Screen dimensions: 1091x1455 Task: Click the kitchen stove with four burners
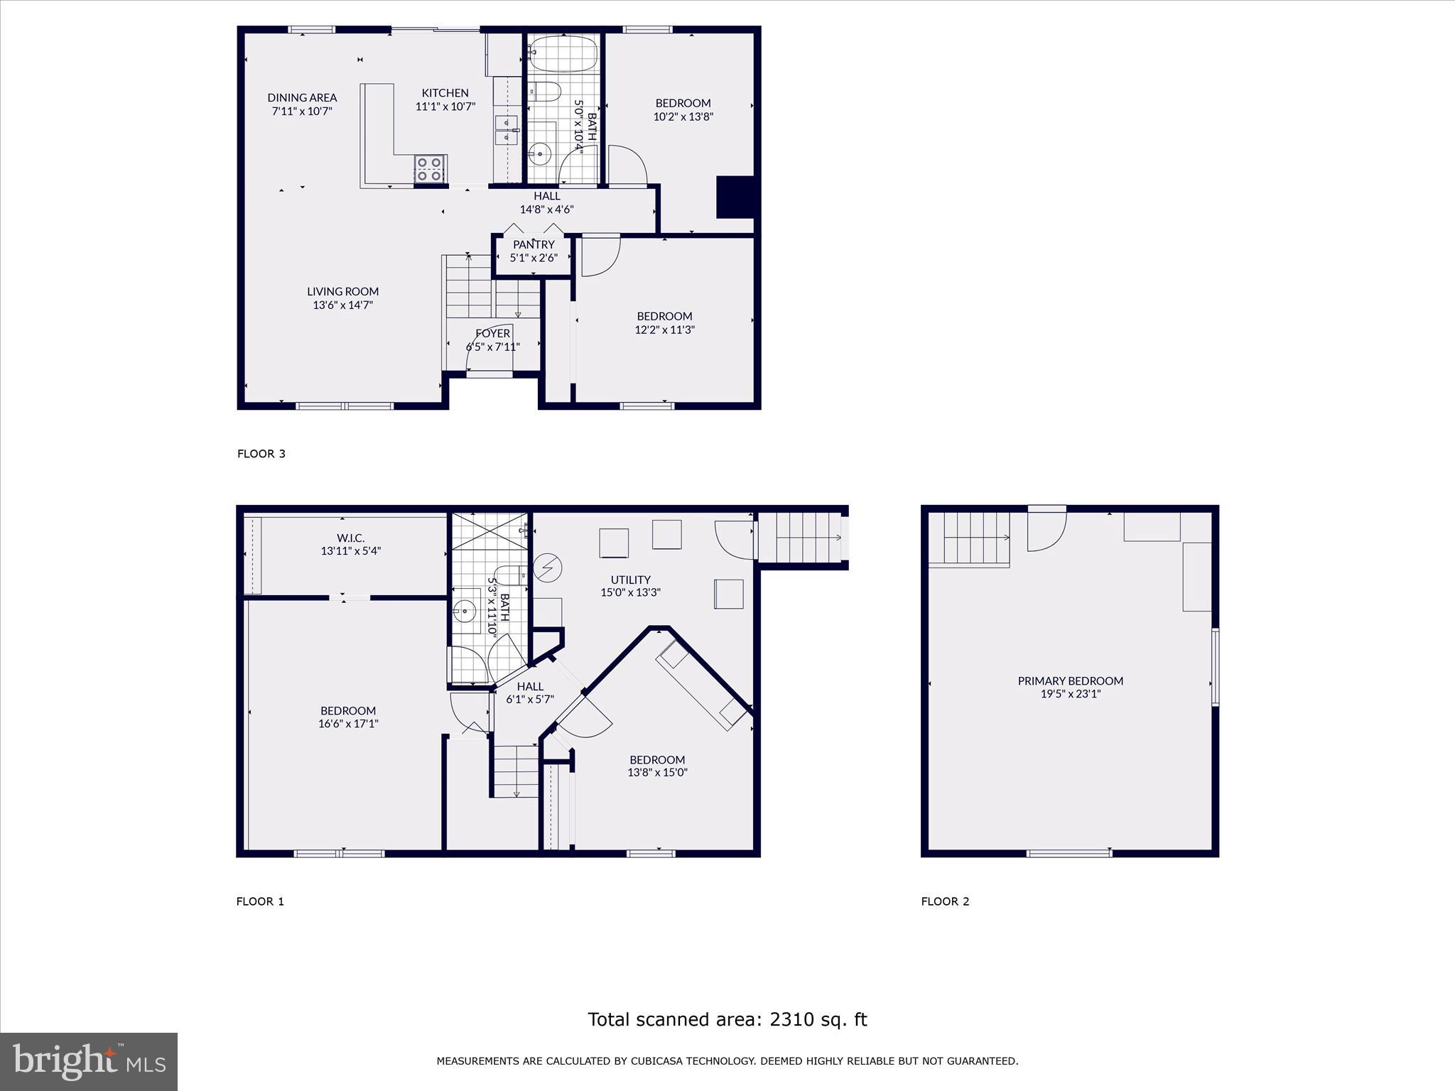(x=431, y=169)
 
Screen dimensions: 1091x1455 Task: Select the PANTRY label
(x=534, y=244)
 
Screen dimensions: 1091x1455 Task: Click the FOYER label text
(x=492, y=333)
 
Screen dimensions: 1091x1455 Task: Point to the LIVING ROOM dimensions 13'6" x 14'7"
(x=343, y=305)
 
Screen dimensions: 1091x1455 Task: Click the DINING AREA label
(x=302, y=97)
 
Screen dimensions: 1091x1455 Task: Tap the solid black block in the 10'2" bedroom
(x=735, y=197)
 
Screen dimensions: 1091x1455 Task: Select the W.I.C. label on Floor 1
(x=350, y=538)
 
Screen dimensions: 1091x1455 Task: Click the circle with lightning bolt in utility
(x=548, y=568)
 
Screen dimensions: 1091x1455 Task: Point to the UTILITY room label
(x=630, y=580)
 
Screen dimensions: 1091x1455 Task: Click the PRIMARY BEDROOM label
(x=1070, y=680)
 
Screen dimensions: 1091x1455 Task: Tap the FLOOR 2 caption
(x=945, y=901)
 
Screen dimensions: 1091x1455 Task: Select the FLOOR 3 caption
(x=261, y=453)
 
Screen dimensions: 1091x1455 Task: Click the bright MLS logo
(x=89, y=1061)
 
